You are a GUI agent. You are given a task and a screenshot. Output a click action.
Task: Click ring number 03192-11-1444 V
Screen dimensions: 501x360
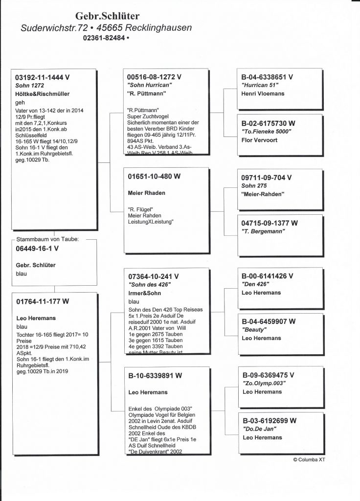43,77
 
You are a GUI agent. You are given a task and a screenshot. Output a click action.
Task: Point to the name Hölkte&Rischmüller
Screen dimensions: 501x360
42,93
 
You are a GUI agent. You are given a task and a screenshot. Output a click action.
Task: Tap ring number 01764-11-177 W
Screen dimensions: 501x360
43,301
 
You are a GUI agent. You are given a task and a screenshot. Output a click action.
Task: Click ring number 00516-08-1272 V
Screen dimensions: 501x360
154,77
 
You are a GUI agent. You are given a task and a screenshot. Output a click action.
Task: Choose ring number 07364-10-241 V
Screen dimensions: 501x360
153,276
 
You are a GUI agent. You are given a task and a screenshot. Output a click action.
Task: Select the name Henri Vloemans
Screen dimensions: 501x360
263,93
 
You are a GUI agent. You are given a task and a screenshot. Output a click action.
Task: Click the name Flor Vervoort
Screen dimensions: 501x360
261,139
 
